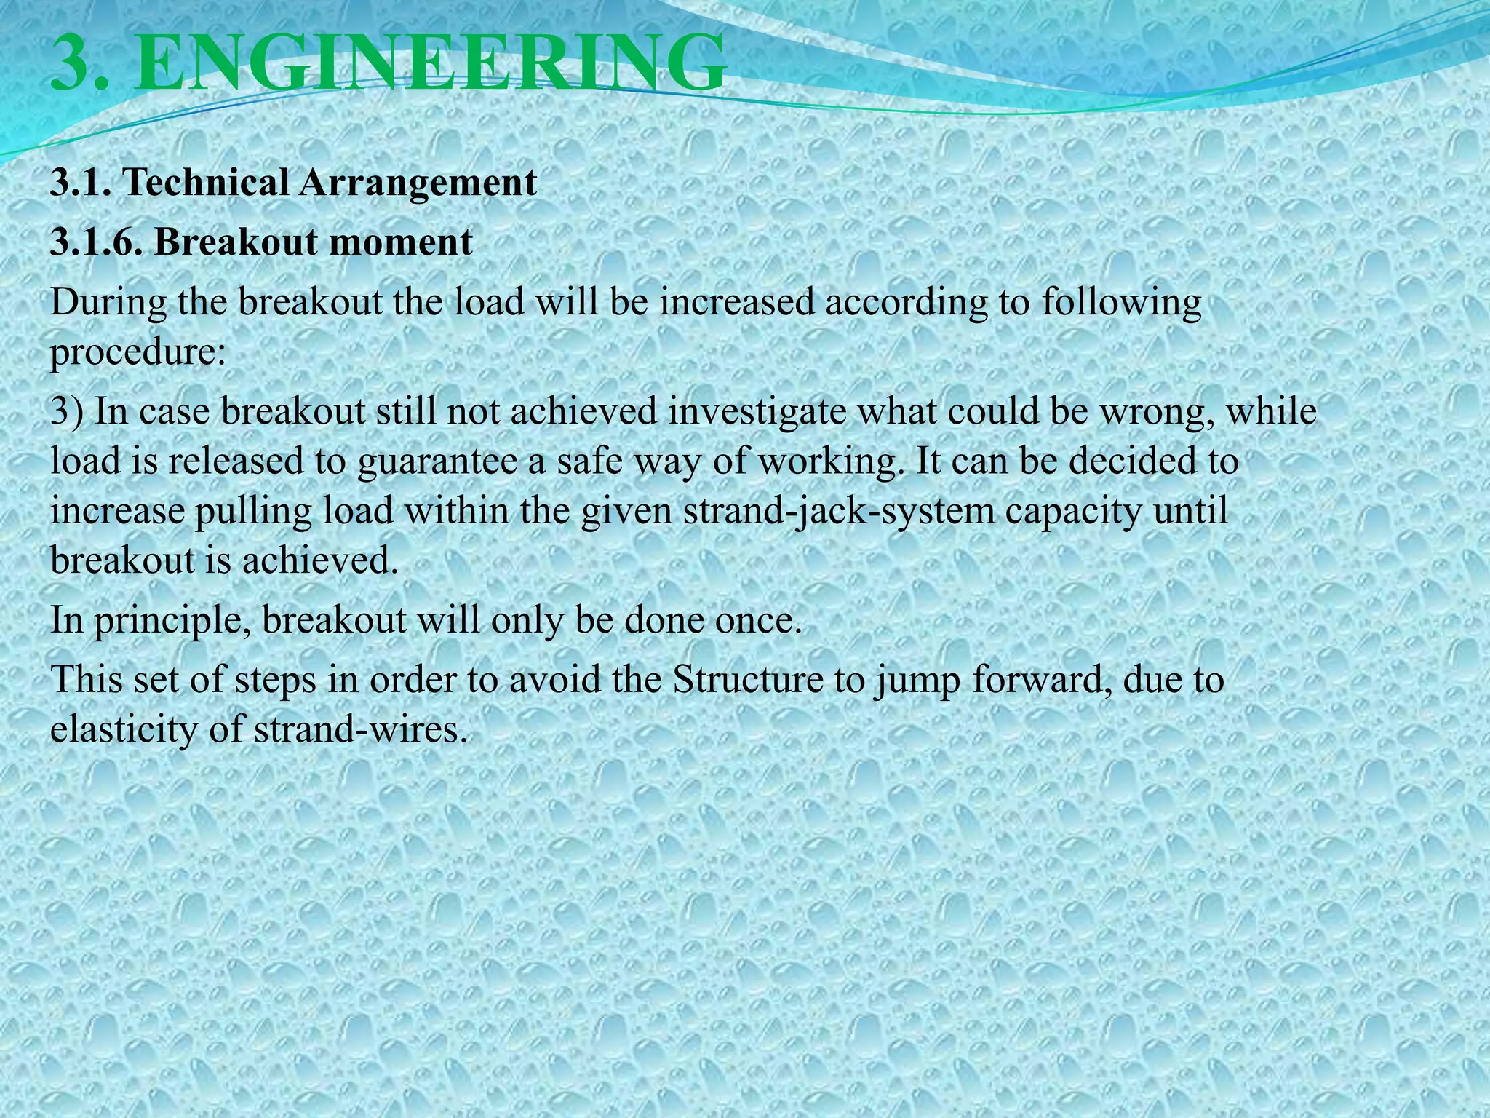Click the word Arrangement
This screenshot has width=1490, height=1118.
[418, 182]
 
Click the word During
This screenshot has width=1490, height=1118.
[108, 302]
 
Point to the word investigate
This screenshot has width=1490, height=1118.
[757, 412]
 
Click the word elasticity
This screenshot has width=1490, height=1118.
[124, 729]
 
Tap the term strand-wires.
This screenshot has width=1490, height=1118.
[359, 729]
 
